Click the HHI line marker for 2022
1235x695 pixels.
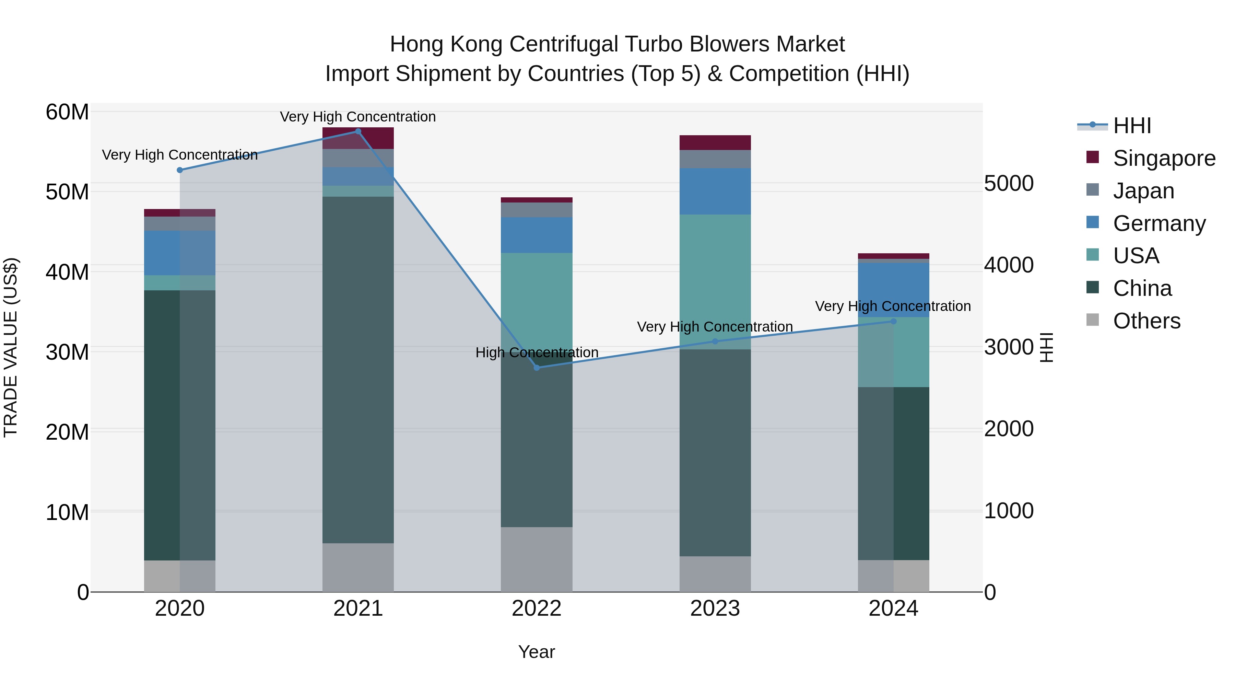coord(537,367)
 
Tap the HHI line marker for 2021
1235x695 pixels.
coord(358,131)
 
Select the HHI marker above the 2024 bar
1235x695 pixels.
coord(893,321)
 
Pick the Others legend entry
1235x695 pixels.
coord(1146,321)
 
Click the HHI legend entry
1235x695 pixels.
coord(1131,126)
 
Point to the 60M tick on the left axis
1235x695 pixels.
coord(67,112)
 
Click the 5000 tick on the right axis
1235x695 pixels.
coord(1009,183)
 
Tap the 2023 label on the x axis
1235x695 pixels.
coord(715,609)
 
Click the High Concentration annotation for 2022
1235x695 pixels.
coord(537,352)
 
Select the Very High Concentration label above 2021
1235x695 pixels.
coord(358,117)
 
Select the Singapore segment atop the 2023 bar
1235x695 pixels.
coord(715,142)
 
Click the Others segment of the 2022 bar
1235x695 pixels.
coord(537,559)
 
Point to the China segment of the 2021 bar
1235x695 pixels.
coord(358,369)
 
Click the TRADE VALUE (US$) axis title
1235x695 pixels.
coord(11,347)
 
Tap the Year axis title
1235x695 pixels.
coord(537,652)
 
